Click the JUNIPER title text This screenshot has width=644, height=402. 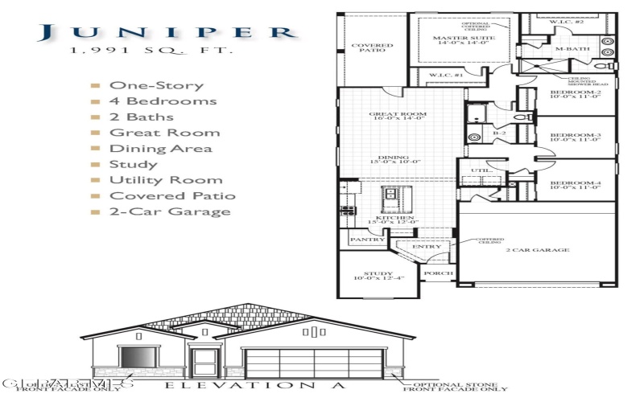[x=166, y=32]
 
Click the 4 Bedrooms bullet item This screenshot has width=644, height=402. [x=163, y=101]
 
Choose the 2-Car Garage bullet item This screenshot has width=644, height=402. [x=170, y=212]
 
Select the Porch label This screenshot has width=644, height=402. [x=440, y=273]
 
